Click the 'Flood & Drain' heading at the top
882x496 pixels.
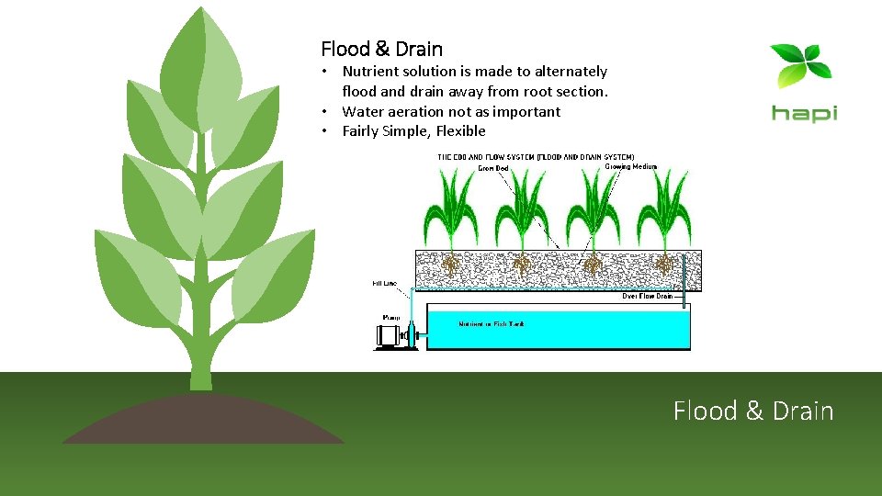(x=381, y=49)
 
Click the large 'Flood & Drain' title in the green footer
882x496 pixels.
(x=753, y=411)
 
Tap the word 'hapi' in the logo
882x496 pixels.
(x=804, y=113)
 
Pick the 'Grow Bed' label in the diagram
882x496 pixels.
(x=492, y=168)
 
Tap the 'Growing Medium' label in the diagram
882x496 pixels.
(x=630, y=167)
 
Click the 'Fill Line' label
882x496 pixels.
(x=385, y=283)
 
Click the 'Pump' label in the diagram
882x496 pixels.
(x=390, y=317)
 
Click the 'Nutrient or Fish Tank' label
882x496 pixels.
(x=492, y=324)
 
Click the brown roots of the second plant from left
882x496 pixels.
(x=523, y=265)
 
